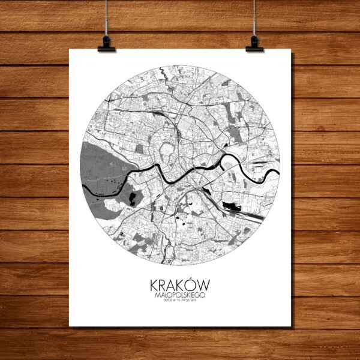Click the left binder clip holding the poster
point(106,43)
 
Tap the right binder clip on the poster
point(254,43)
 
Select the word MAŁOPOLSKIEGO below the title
point(180,293)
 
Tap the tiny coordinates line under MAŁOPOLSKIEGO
point(180,299)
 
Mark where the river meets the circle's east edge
point(279,174)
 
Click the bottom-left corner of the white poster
point(70,326)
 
